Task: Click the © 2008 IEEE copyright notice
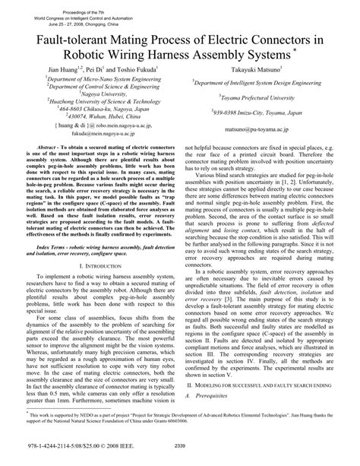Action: [x=126, y=447]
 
